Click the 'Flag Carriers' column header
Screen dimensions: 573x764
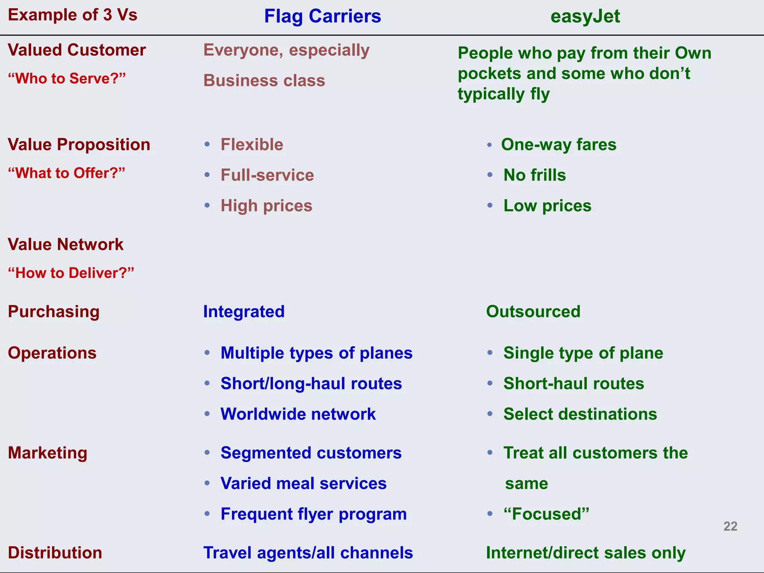coord(322,16)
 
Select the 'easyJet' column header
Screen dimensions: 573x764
coord(585,16)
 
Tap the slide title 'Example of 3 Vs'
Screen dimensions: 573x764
coord(73,15)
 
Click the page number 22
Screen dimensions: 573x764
coord(730,526)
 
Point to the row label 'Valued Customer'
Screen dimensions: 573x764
coord(77,50)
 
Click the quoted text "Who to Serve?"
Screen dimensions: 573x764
coord(67,78)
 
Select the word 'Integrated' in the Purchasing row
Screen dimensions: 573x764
coord(244,311)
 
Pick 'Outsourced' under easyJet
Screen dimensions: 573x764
coord(533,311)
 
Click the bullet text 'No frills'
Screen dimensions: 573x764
coord(534,175)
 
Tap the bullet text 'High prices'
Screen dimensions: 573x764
coord(266,206)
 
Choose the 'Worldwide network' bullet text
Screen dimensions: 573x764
coord(298,414)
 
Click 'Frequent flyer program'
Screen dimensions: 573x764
coord(313,514)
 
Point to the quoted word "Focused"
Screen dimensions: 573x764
coord(546,514)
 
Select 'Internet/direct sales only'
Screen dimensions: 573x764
coord(586,553)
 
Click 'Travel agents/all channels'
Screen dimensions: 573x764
coord(308,553)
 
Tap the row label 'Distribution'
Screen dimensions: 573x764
coord(55,553)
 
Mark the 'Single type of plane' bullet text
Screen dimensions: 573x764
coord(583,353)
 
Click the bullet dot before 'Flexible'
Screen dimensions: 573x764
coord(207,144)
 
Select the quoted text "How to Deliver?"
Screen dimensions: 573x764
coord(71,273)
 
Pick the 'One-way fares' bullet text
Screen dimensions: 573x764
coord(558,144)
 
